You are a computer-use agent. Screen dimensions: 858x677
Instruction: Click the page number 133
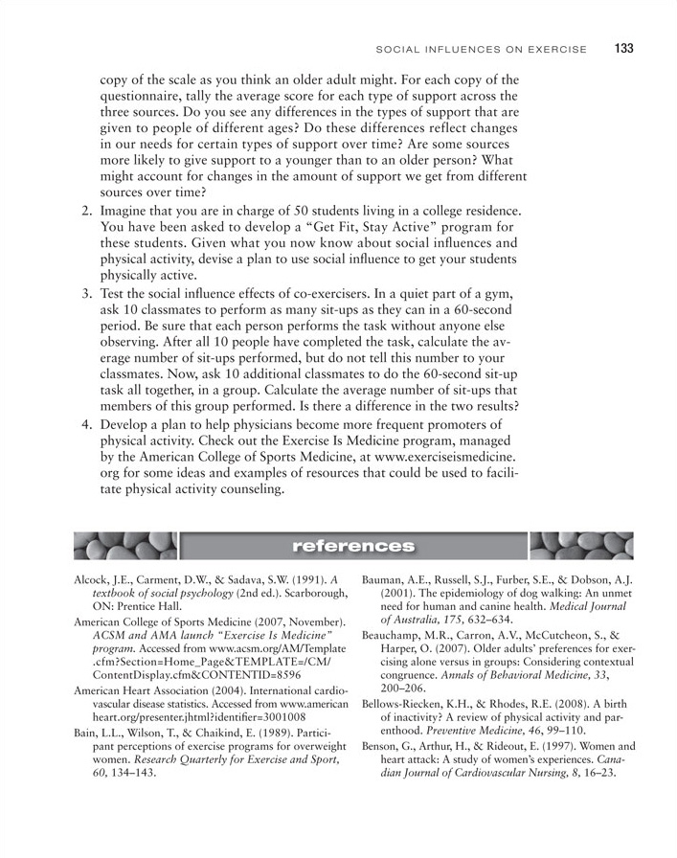(624, 49)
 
